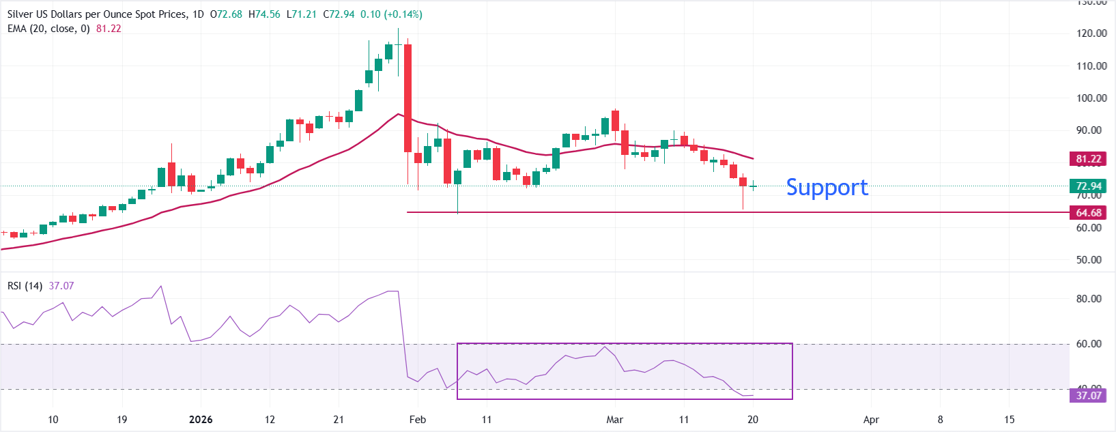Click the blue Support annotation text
tap(827, 188)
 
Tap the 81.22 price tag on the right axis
tap(1088, 159)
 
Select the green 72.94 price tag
tap(1088, 186)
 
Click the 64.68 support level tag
tap(1088, 213)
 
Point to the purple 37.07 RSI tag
tap(1088, 396)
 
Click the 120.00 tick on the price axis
tap(1091, 33)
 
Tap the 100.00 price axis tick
tap(1091, 98)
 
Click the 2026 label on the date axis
tap(201, 420)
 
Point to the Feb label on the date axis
tap(418, 420)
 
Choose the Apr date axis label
tap(871, 420)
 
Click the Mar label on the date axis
tap(614, 420)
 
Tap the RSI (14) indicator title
tap(25, 286)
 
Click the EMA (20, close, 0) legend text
tap(48, 29)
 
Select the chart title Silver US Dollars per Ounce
tap(96, 14)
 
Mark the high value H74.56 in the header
tap(264, 14)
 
